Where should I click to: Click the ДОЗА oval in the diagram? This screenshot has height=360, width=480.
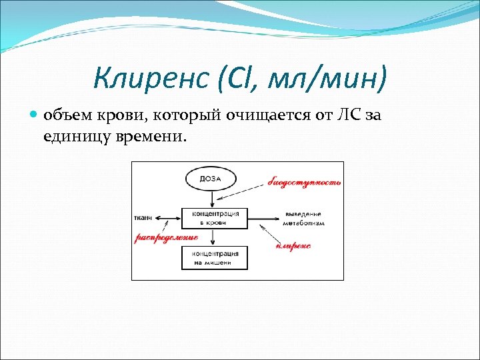[x=211, y=179]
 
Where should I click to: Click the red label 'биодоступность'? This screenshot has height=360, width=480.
[x=304, y=182]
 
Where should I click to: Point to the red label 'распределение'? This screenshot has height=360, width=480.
[x=167, y=237]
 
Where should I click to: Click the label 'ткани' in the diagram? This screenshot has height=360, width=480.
[x=143, y=217]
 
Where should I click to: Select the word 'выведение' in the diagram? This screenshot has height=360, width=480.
[x=303, y=213]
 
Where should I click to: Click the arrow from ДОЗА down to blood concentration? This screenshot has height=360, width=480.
[x=211, y=198]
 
